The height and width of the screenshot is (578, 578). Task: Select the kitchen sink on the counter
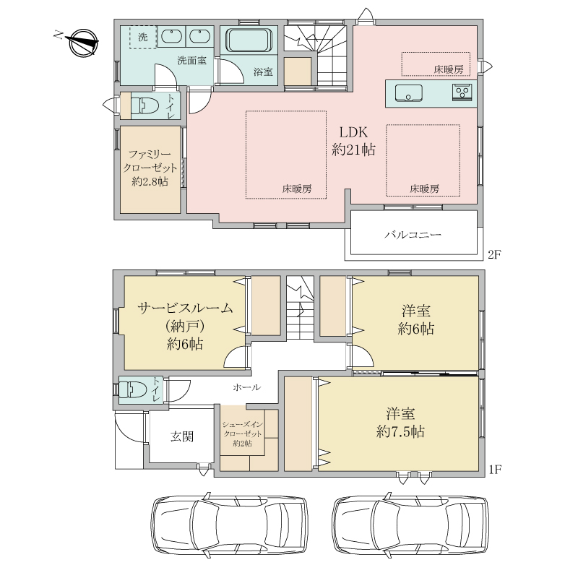click(408, 92)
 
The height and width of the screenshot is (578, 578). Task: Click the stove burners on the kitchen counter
click(462, 92)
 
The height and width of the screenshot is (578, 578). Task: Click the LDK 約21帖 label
click(353, 141)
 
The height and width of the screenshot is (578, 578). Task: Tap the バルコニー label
click(413, 234)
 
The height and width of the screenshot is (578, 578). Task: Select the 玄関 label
click(182, 436)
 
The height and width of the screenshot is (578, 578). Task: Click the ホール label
click(247, 387)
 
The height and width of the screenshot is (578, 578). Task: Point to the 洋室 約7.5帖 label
click(400, 423)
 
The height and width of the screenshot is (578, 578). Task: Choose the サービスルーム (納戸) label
click(185, 317)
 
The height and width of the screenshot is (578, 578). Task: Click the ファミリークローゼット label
click(150, 161)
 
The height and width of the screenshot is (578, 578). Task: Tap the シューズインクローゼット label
click(243, 429)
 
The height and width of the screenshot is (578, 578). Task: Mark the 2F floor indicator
click(495, 254)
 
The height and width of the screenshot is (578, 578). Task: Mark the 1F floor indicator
click(495, 470)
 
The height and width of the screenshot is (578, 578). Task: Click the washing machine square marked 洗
click(143, 37)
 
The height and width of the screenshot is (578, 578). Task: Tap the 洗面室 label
click(191, 61)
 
